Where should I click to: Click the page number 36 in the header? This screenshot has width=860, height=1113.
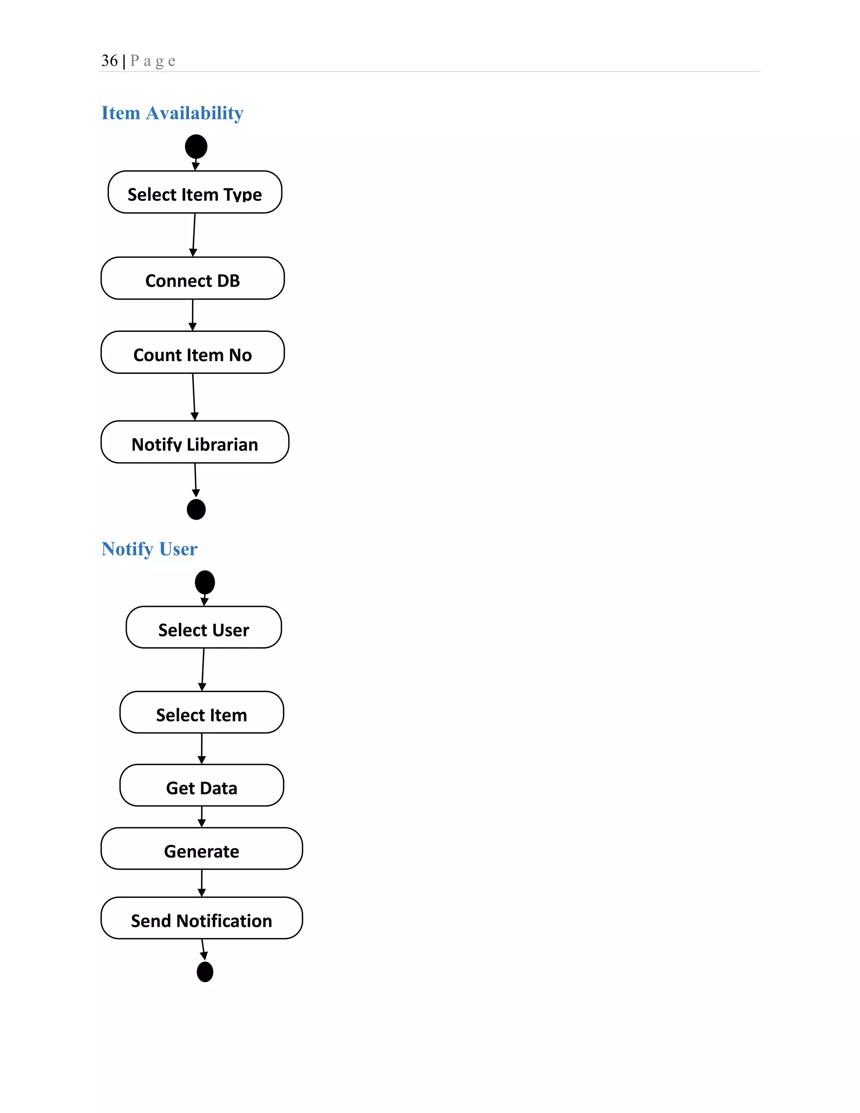click(x=110, y=60)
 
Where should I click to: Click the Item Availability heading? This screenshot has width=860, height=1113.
click(x=172, y=113)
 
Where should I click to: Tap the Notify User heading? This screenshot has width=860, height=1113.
click(x=149, y=549)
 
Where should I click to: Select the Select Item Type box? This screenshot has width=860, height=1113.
click(x=194, y=192)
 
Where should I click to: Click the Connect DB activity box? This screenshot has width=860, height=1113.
click(x=193, y=278)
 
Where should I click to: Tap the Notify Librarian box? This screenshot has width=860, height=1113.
click(x=194, y=442)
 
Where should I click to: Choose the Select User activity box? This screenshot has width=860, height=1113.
click(x=204, y=627)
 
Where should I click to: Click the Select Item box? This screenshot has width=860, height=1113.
click(x=202, y=712)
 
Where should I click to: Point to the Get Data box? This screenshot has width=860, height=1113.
click(x=202, y=785)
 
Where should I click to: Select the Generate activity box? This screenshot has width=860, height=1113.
click(x=202, y=848)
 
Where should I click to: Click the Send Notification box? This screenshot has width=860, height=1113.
click(x=202, y=918)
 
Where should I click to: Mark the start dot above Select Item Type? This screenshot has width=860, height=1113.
click(x=196, y=147)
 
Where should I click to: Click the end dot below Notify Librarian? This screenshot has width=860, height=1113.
click(x=196, y=509)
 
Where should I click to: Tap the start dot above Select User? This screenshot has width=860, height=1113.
click(x=205, y=582)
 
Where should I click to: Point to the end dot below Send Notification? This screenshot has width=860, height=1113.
click(x=205, y=972)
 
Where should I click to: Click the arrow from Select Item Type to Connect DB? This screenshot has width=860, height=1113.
click(x=194, y=235)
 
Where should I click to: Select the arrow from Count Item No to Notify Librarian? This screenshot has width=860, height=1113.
click(x=194, y=397)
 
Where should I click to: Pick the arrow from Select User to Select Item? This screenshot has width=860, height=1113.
click(x=203, y=669)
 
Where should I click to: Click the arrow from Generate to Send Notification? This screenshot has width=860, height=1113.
click(x=202, y=883)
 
